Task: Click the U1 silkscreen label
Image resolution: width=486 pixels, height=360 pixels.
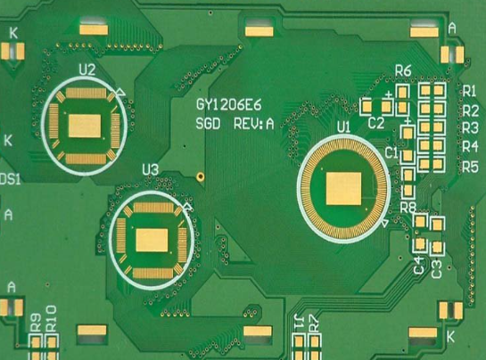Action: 343,127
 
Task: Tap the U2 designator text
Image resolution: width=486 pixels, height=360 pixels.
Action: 87,70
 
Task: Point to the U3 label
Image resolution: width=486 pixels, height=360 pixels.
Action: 151,170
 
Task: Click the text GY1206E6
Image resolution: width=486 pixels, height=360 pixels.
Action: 229,105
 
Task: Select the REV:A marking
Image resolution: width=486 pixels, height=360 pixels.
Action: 254,124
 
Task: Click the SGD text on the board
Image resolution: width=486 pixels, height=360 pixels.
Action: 208,124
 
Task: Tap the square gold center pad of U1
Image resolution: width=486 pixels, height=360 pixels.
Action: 343,189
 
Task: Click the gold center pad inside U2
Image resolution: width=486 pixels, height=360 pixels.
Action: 85,126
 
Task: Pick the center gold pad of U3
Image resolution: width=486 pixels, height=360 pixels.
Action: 152,240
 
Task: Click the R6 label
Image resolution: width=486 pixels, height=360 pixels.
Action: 403,71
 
